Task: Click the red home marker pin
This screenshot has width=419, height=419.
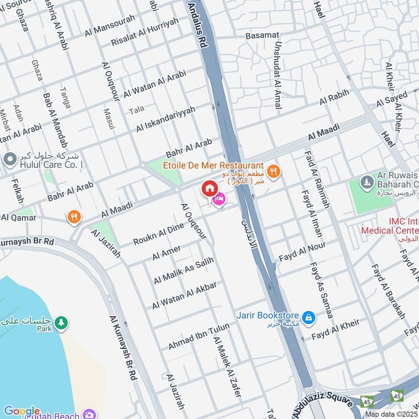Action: pyautogui.click(x=209, y=188)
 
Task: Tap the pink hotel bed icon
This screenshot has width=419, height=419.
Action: pyautogui.click(x=219, y=200)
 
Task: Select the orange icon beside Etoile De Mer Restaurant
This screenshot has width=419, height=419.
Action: pyautogui.click(x=273, y=171)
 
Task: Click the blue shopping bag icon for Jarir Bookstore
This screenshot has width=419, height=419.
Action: pyautogui.click(x=309, y=316)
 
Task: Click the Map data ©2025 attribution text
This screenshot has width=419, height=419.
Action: pyautogui.click(x=391, y=414)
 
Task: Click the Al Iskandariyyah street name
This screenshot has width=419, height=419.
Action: pyautogui.click(x=166, y=119)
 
